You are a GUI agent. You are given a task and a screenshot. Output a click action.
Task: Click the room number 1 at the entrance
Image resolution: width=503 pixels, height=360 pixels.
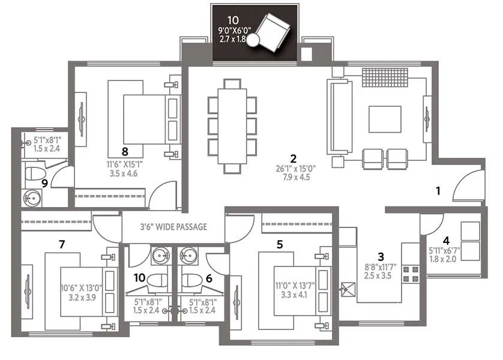click(438, 191)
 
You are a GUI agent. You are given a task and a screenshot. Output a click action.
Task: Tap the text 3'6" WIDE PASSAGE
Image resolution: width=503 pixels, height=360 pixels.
click(173, 227)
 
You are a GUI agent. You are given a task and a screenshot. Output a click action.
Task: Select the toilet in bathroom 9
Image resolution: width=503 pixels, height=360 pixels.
click(34, 175)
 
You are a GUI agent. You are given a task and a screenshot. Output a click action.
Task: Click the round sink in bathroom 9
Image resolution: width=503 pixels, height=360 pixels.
click(30, 196)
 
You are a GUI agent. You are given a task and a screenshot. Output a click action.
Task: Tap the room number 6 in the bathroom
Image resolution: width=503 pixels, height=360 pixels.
click(208, 278)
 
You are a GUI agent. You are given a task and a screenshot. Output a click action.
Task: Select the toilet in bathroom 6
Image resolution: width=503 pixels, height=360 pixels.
click(192, 281)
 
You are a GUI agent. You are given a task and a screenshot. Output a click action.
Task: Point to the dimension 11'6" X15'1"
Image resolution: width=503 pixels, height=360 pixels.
click(125, 163)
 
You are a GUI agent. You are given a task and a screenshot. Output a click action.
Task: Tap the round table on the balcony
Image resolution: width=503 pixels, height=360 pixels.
click(254, 40)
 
